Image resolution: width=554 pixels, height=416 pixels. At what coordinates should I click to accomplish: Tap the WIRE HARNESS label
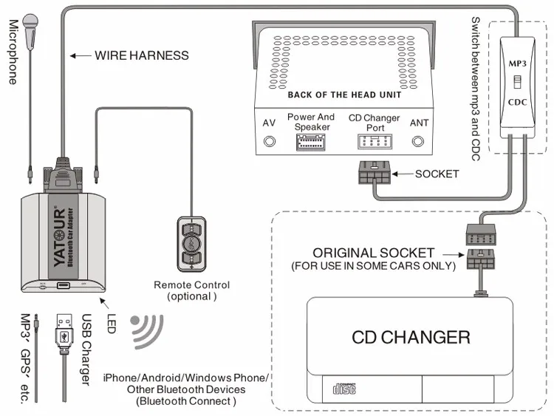141,55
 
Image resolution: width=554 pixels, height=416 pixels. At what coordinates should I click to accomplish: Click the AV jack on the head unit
270,139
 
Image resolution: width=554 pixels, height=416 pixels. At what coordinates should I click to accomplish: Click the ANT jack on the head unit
419,140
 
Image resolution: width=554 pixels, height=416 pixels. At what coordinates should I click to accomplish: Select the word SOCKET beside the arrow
437,174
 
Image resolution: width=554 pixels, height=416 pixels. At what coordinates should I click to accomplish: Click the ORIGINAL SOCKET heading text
373,253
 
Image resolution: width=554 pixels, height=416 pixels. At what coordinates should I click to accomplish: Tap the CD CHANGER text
411,338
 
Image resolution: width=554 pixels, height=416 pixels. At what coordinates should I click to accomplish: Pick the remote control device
191,242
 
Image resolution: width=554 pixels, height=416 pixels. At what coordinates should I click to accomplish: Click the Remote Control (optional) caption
191,290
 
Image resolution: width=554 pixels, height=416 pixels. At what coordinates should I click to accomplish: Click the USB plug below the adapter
64,331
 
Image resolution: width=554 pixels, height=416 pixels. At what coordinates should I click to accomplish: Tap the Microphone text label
13,52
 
